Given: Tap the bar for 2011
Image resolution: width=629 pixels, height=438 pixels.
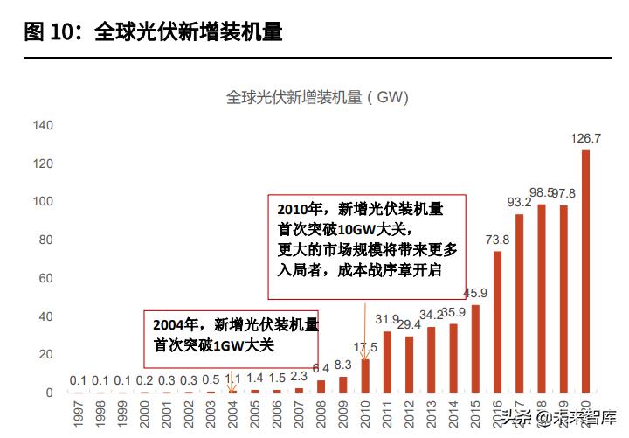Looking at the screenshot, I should [x=387, y=362].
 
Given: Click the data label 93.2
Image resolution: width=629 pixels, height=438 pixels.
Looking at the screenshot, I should [x=520, y=203].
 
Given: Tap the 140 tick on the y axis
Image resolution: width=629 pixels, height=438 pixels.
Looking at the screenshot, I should [x=43, y=126].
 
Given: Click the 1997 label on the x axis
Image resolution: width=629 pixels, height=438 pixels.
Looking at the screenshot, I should [x=78, y=413].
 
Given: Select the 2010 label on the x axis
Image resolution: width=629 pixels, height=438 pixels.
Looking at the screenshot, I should [x=365, y=413].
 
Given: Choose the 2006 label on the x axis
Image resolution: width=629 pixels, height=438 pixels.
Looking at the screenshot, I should [x=277, y=413].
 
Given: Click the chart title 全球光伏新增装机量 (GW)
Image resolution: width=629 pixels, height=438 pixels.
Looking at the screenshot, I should [x=317, y=97].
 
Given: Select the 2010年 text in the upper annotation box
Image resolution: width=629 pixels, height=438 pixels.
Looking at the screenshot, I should [x=301, y=210].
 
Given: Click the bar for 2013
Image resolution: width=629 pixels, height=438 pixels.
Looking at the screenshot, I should [x=432, y=359].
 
